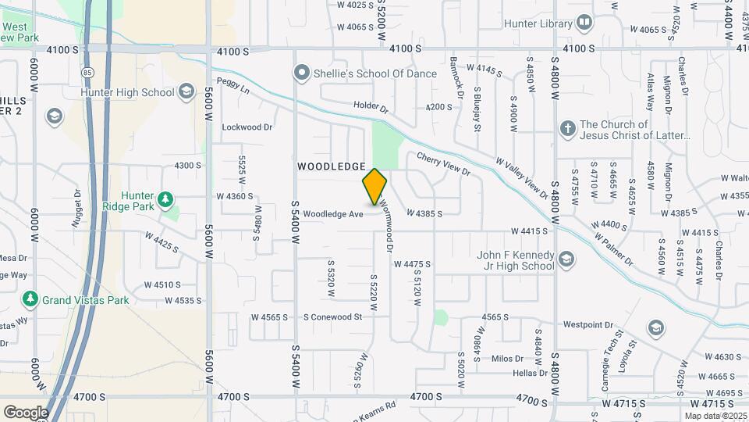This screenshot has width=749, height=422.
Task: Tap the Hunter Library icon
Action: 584,23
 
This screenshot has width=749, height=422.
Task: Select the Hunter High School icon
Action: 186,92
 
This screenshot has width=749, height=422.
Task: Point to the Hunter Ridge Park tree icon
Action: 165,201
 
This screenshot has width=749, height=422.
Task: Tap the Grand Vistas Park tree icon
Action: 30,299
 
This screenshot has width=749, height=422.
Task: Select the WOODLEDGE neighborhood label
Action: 332,166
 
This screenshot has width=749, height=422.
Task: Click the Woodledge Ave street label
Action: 333,213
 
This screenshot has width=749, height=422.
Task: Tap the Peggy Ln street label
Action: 233,86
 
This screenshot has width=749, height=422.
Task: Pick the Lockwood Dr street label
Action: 247,127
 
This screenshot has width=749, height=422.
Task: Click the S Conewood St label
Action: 333,317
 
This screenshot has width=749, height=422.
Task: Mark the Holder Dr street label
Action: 370,105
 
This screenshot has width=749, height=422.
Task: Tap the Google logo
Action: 26,412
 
